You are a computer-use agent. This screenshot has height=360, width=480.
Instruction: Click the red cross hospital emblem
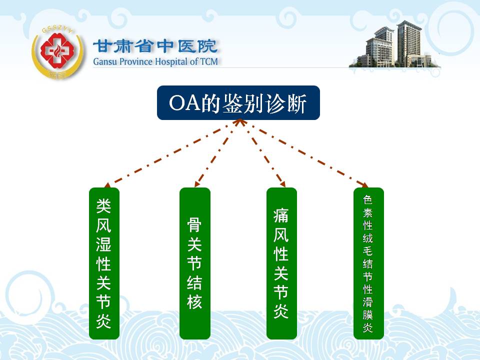(x=58, y=51)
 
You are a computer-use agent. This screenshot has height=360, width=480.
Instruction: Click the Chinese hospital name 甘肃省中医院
(x=155, y=46)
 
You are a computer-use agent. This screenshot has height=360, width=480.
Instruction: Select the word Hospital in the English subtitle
(x=171, y=61)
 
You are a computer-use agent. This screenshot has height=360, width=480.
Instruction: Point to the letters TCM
(x=209, y=61)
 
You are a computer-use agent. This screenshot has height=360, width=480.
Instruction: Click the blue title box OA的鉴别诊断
(x=238, y=103)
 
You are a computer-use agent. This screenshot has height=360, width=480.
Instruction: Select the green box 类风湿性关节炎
(x=104, y=263)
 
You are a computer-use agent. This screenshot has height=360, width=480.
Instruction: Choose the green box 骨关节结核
(x=194, y=263)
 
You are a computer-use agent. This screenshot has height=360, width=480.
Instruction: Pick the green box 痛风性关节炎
(x=281, y=263)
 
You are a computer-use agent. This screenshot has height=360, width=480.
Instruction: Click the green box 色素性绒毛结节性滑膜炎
(x=368, y=263)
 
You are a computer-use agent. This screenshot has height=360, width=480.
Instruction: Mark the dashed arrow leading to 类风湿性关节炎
(x=172, y=153)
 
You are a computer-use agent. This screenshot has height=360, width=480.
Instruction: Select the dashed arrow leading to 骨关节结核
(x=218, y=153)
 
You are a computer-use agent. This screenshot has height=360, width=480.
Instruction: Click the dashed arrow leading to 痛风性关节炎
(x=262, y=153)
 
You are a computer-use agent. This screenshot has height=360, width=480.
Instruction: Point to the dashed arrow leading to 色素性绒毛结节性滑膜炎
(x=304, y=153)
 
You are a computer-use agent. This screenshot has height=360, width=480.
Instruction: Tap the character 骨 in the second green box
(x=194, y=224)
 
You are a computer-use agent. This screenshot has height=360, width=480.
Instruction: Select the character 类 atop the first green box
(x=104, y=205)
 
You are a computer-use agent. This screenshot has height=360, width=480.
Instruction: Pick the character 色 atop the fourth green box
(x=367, y=200)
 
